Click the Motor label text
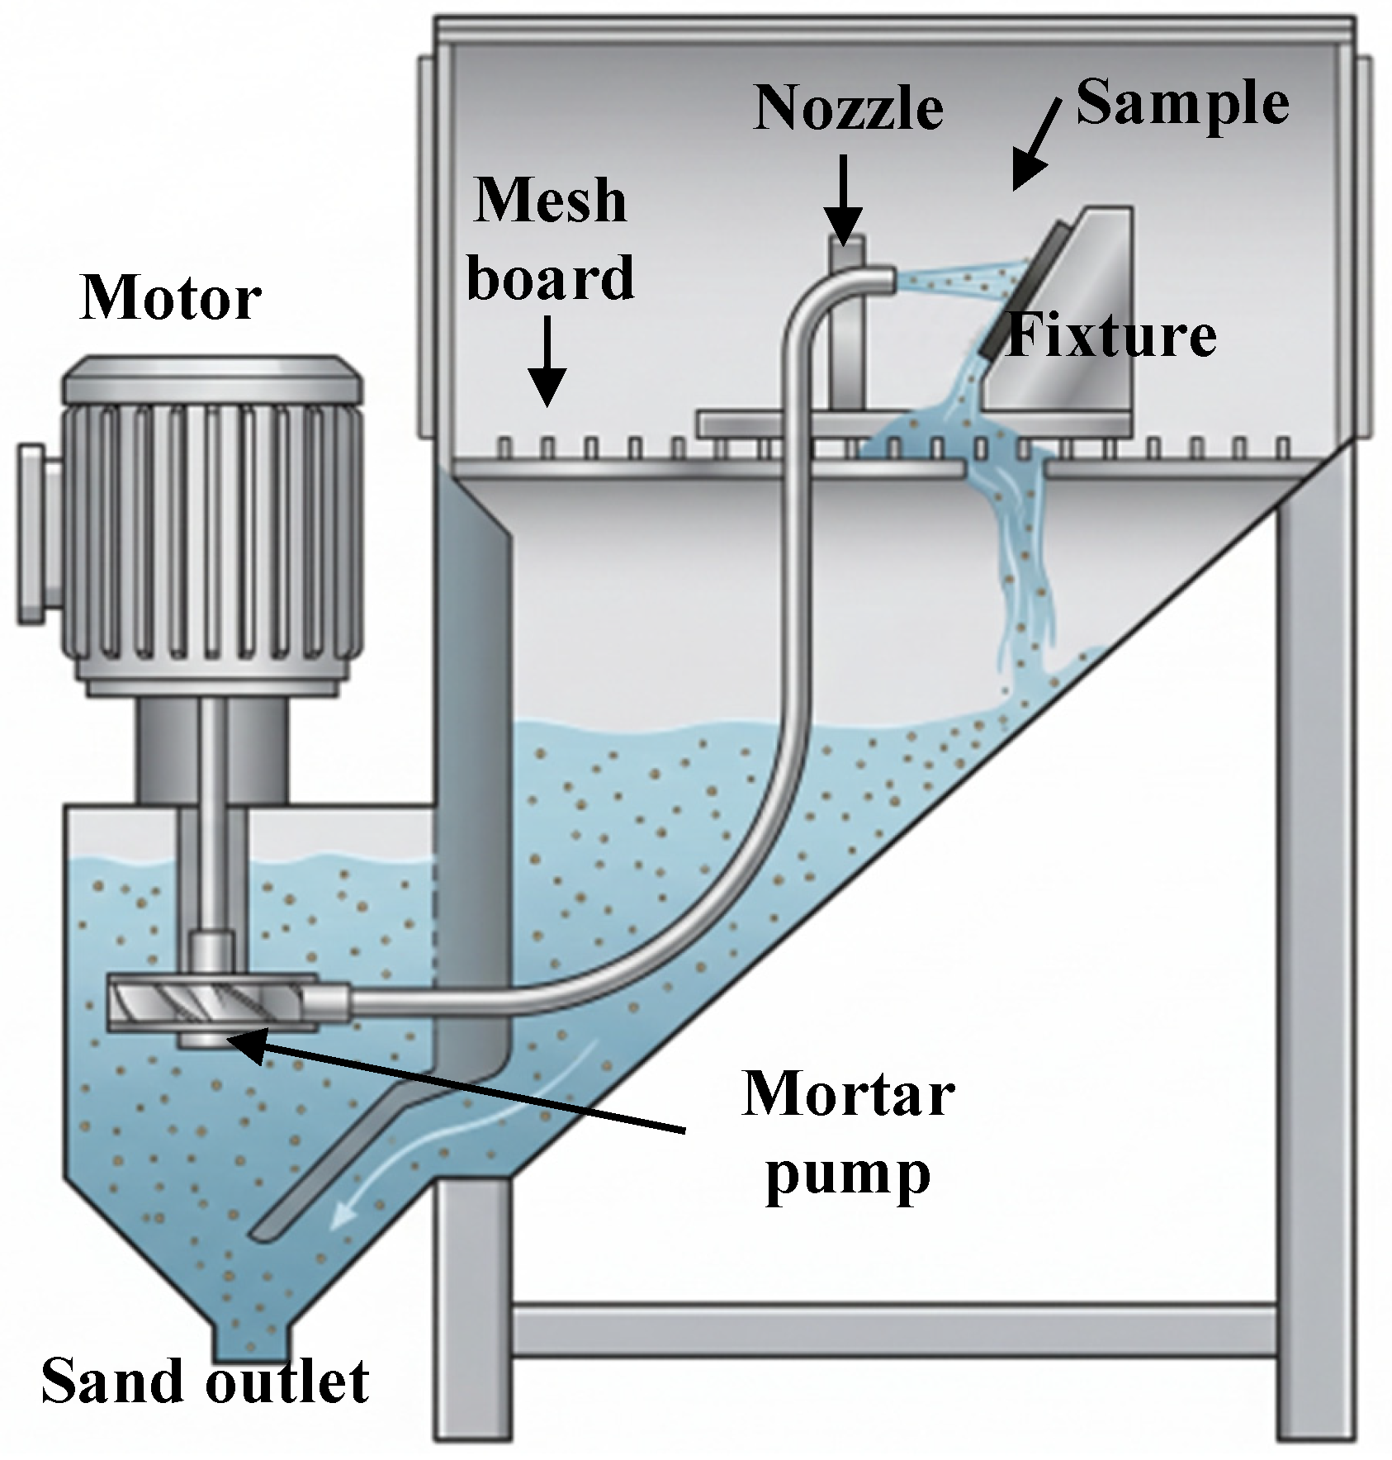pos(171,298)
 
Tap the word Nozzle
pos(849,107)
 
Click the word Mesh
pos(550,200)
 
